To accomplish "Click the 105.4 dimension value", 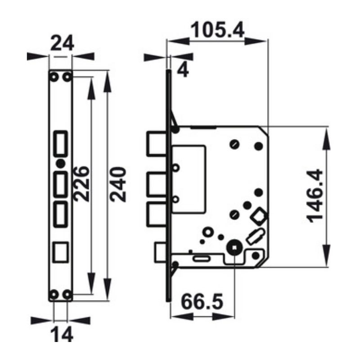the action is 217,30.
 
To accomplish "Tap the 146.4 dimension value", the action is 315,196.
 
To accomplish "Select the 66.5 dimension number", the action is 202,301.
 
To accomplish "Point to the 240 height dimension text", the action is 118,184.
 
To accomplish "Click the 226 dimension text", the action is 81,184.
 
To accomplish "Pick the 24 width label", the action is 62,43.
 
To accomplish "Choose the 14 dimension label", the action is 62,334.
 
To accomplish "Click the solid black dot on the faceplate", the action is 61,163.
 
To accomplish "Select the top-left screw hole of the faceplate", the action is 54,77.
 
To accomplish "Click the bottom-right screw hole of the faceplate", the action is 67,294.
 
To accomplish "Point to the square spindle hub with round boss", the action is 234,248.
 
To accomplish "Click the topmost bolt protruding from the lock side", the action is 156,144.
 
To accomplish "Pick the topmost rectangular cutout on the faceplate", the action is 61,144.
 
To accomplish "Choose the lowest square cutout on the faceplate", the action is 61,252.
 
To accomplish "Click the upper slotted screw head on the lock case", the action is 234,144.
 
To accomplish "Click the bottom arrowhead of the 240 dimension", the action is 107,289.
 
